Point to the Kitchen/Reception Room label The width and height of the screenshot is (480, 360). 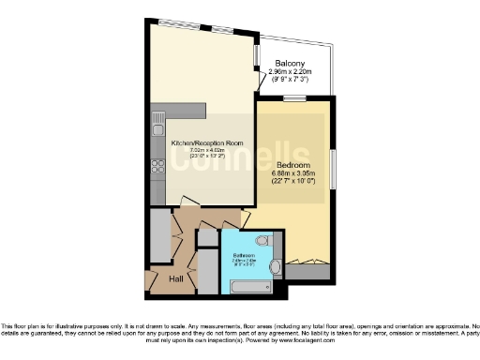tap(207, 142)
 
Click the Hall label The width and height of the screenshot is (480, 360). tap(176, 278)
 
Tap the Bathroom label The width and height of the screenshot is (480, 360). tap(244, 254)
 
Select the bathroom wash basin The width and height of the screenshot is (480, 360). tap(275, 268)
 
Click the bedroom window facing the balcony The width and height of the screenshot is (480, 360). tap(296, 98)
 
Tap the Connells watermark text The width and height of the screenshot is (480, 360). tap(239, 159)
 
